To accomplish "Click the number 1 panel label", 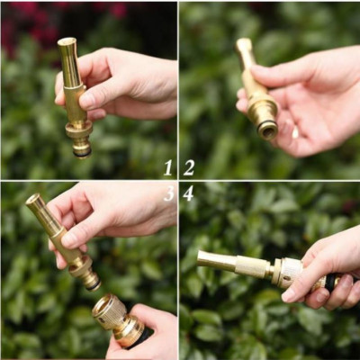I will click(x=167, y=167).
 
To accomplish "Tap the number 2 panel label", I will click(x=189, y=167).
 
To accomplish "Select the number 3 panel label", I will click(x=168, y=193).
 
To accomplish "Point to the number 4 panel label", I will click(x=188, y=193).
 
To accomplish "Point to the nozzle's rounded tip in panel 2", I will click(x=244, y=43).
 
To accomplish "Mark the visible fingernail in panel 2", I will click(x=295, y=132).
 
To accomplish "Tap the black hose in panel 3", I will click(x=141, y=337).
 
